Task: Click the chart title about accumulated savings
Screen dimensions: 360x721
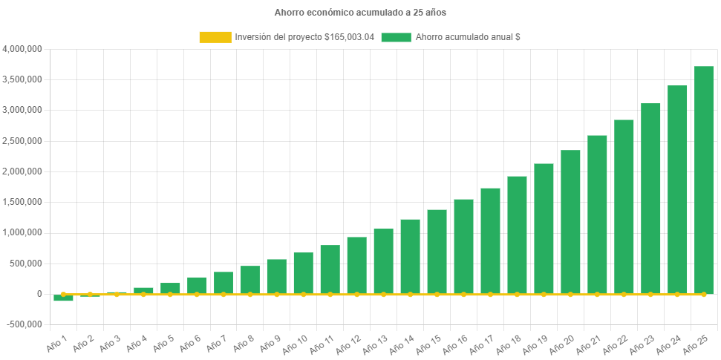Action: click(360, 13)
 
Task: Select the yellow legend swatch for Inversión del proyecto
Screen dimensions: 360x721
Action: click(215, 37)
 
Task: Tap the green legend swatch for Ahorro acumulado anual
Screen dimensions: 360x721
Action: click(396, 37)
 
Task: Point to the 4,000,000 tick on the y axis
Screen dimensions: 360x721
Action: click(22, 49)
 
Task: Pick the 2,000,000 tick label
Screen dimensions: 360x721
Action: click(22, 171)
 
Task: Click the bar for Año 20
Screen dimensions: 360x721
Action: click(570, 222)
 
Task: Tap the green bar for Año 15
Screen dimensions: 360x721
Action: click(437, 252)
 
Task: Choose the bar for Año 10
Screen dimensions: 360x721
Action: click(303, 273)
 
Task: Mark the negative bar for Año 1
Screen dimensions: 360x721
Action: click(63, 298)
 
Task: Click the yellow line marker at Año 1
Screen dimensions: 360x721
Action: click(63, 295)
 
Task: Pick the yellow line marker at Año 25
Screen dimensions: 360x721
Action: click(704, 295)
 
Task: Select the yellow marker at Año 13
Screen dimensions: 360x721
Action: click(383, 295)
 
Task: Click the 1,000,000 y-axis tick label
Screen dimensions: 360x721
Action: click(22, 232)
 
